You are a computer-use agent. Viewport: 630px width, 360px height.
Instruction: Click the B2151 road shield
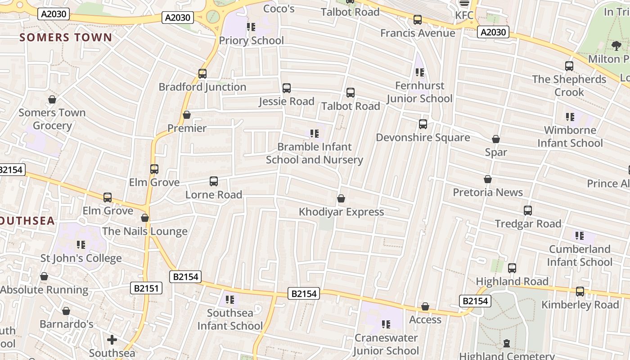point(146,288)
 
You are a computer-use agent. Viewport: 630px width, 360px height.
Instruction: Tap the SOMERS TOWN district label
point(66,37)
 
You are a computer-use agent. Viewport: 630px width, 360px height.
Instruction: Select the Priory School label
point(251,40)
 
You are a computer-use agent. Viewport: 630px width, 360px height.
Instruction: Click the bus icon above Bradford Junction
point(202,73)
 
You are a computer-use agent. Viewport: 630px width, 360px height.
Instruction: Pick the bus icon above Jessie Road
point(287,88)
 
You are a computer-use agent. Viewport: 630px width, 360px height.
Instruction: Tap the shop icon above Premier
point(187,115)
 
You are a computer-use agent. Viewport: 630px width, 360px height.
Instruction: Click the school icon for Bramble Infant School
point(315,134)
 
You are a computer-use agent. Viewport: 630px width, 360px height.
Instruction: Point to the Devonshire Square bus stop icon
point(423,124)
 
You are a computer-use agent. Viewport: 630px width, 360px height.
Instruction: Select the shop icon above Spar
point(496,139)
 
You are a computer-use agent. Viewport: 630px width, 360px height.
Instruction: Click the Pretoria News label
point(488,193)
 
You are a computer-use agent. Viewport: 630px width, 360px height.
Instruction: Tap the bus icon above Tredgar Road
point(528,210)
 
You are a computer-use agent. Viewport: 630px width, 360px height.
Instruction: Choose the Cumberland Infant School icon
point(580,236)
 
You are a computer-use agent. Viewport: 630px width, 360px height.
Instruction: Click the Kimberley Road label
point(580,305)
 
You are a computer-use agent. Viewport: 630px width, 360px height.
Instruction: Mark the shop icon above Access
point(425,306)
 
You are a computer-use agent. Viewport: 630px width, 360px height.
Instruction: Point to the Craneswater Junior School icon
point(386,324)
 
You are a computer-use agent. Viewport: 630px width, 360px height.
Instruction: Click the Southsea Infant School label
point(230,319)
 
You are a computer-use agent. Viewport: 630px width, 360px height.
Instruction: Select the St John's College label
point(81,258)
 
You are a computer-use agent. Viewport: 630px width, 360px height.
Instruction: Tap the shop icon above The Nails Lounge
point(145,218)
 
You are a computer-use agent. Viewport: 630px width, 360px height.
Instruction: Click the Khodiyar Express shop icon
point(341,198)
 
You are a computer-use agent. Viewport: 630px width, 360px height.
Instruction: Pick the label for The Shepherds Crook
point(569,85)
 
